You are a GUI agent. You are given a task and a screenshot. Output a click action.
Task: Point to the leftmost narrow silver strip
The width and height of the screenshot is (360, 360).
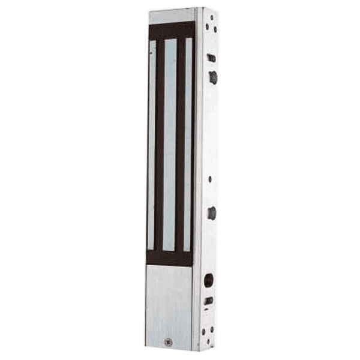click(151, 144)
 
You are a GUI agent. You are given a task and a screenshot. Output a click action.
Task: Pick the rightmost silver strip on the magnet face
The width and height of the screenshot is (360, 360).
click(188, 144)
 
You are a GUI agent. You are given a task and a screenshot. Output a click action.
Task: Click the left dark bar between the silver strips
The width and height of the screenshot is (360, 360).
click(159, 144)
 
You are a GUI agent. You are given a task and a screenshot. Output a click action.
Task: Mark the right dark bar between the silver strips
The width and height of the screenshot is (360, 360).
click(180, 144)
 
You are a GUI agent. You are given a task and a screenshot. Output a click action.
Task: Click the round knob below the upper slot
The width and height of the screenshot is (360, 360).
click(212, 76)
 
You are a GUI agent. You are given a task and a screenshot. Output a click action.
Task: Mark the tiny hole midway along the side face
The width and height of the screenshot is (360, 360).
click(211, 178)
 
